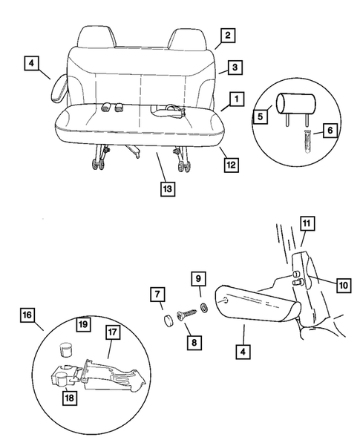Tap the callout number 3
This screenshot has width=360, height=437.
[232, 67]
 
